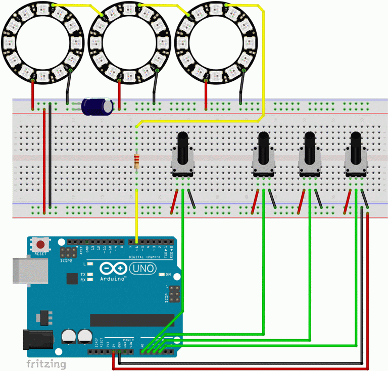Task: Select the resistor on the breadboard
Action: pos(136,162)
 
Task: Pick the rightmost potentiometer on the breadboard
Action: pos(356,151)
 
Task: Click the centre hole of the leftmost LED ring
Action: pos(39,41)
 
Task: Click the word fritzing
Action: pos(46,363)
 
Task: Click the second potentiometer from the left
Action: pos(264,151)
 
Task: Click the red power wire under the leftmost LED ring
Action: pos(33,93)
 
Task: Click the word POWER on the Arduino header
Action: pos(128,341)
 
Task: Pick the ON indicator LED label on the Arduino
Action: pos(168,275)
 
